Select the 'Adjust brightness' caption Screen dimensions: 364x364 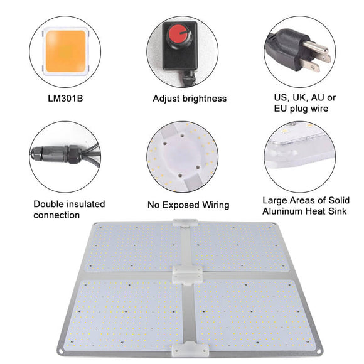click(x=190, y=99)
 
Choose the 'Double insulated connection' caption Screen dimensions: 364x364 click(x=68, y=210)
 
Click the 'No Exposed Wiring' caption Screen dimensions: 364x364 click(x=188, y=205)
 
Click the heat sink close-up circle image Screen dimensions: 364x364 click(x=300, y=156)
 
